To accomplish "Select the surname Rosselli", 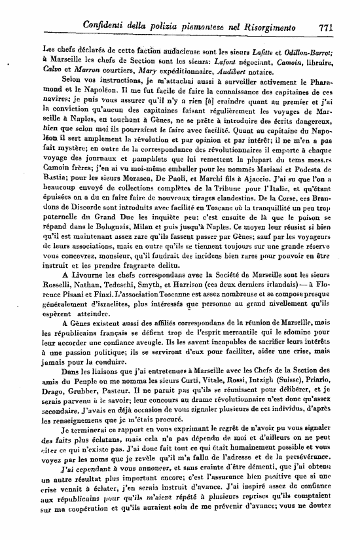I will click(x=59, y=313).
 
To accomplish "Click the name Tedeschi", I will click(x=133, y=313).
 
